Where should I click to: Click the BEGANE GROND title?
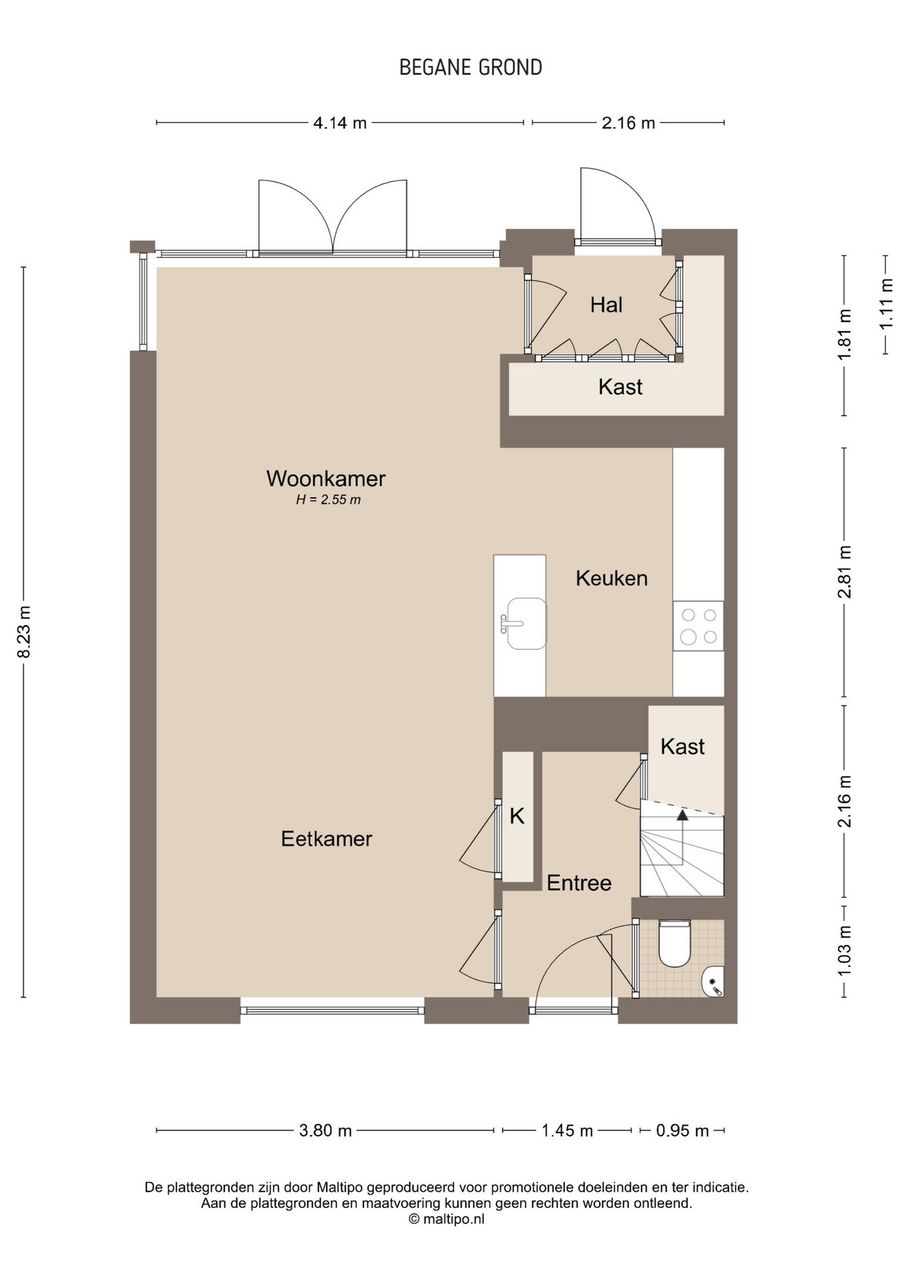coord(471,68)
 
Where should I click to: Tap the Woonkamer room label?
coord(326,479)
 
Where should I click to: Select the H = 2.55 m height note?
coord(328,500)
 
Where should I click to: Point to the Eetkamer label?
coord(326,839)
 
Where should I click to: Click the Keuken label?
coord(612,578)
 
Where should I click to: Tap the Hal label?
coord(606,305)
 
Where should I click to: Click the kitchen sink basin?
coord(526,624)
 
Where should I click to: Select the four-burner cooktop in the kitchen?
coord(698,626)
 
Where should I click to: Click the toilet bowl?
coord(674,944)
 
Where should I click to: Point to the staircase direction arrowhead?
coord(682,815)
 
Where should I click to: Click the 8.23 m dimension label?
coord(24,632)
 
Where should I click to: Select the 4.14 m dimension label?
coord(340,123)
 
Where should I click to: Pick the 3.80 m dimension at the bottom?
coord(325,1131)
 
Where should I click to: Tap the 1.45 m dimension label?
coord(567,1131)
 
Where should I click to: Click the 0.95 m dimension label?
coord(682,1131)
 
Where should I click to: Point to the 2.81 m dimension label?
coord(845,572)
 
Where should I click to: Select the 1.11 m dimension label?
coord(886,304)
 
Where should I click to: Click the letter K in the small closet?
coord(517,817)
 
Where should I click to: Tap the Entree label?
coord(579,883)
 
